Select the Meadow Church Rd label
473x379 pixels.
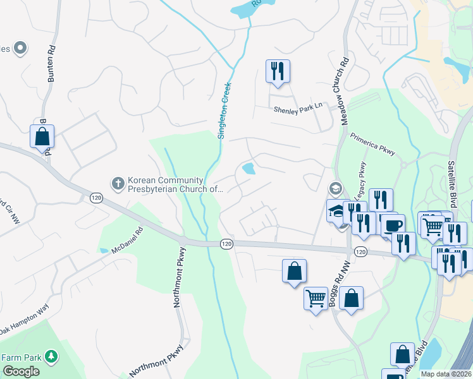[345, 91]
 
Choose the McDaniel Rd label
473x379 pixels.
[128, 241]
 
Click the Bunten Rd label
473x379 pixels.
[51, 64]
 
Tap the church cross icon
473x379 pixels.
[117, 183]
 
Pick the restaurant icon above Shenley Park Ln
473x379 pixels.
[278, 71]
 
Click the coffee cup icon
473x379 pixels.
[393, 225]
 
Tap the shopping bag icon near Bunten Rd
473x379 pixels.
[42, 136]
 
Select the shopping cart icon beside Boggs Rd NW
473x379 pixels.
[316, 298]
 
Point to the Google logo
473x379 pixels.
[20, 371]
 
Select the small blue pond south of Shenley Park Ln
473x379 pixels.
[249, 169]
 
